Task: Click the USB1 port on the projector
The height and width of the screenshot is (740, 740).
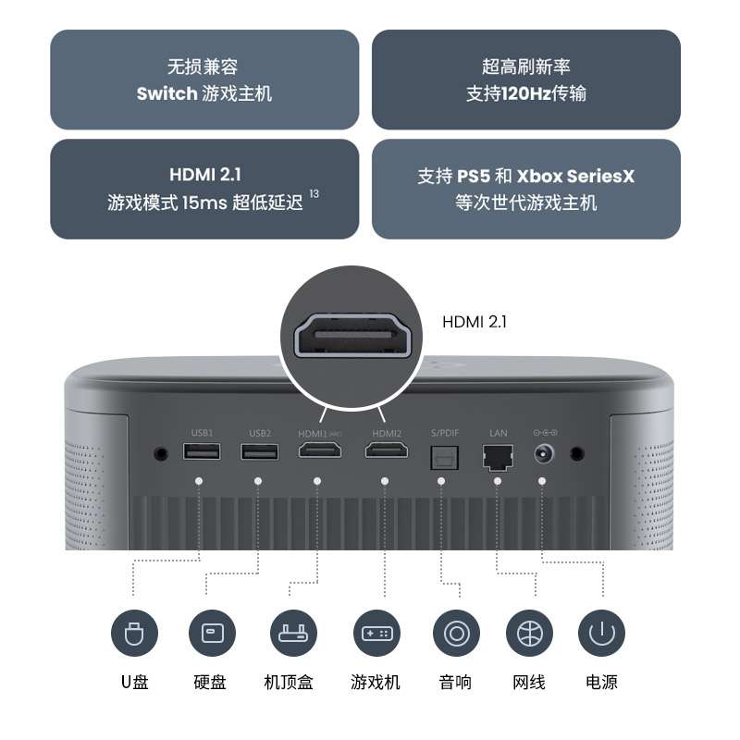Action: (x=202, y=452)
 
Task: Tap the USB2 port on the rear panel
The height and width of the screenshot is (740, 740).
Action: (x=258, y=452)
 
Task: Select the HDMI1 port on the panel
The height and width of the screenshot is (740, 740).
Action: (x=317, y=451)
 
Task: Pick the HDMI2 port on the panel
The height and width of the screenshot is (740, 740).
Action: (x=387, y=451)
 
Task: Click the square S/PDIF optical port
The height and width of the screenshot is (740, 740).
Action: (x=441, y=454)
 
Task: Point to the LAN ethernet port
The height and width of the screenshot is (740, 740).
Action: (x=498, y=454)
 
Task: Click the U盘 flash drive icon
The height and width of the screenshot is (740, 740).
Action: (x=134, y=635)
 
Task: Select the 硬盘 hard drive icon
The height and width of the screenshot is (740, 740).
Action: (x=211, y=635)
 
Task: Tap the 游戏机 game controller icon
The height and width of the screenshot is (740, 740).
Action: (x=376, y=635)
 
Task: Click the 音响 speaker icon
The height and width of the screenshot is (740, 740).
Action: (x=455, y=635)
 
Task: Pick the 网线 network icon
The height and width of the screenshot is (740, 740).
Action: (x=529, y=635)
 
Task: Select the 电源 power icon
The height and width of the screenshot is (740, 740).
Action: (x=601, y=635)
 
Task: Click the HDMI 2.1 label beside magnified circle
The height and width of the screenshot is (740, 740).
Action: (x=475, y=322)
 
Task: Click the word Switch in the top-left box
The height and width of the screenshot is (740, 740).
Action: (x=166, y=93)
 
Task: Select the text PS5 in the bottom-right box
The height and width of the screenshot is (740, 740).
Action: (x=473, y=176)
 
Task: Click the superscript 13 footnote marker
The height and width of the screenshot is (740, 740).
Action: (x=314, y=193)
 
